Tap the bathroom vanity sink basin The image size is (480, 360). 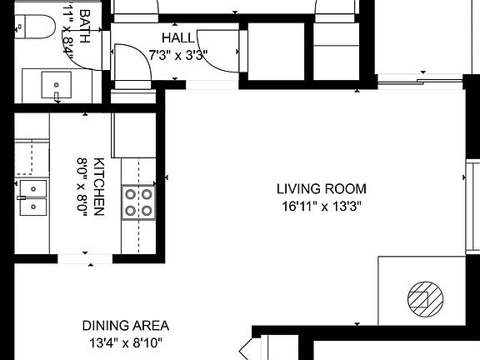pos(57,83)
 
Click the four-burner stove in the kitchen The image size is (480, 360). pos(139,201)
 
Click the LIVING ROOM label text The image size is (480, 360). pos(322,189)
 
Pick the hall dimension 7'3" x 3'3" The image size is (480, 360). pos(177,56)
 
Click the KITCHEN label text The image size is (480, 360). pos(98,187)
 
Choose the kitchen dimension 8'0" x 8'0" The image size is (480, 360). pos(82,187)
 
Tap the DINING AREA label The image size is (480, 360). pos(125,325)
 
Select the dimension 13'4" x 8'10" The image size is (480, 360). pos(125,342)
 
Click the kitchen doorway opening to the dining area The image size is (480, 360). pos(85,257)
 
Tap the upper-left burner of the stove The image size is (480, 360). pos(131,193)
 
